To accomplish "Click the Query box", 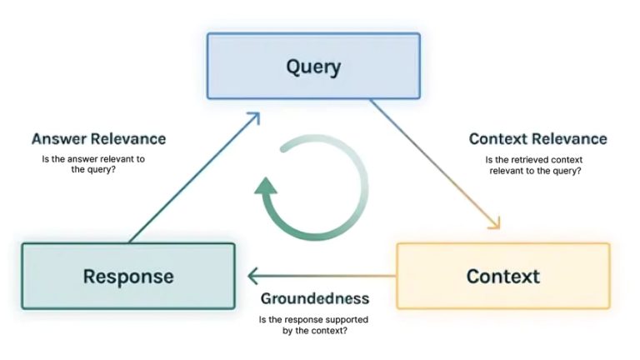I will [x=313, y=66].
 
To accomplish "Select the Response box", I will [x=127, y=276].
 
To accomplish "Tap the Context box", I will [x=502, y=276].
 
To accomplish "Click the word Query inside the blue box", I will [x=313, y=66].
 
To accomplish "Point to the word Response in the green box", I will [x=127, y=277].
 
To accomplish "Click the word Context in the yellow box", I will [x=502, y=277].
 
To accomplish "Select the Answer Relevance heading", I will [x=98, y=139].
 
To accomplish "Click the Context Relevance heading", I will [x=537, y=139].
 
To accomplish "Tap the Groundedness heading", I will [x=314, y=298].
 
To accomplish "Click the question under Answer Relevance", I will [x=92, y=164].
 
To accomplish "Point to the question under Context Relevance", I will [x=533, y=164].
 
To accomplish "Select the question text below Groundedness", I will [x=314, y=325].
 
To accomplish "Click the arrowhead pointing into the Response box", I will [x=252, y=276].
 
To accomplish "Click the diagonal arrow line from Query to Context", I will [x=433, y=162].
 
